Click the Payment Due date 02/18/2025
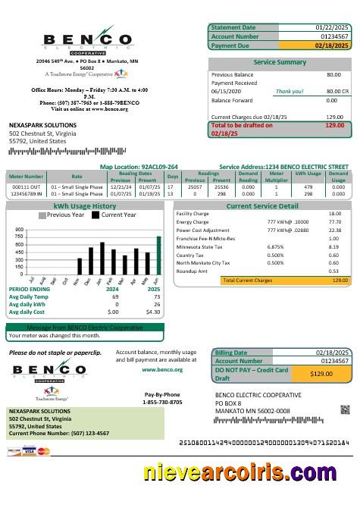[332, 45]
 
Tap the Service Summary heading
[280, 61]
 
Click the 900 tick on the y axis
[20, 228]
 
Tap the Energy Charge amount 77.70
[334, 221]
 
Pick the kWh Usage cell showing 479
[308, 185]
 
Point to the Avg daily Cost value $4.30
[153, 312]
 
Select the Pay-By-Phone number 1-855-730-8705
[161, 402]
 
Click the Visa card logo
[30, 451]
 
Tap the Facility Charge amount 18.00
[334, 213]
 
